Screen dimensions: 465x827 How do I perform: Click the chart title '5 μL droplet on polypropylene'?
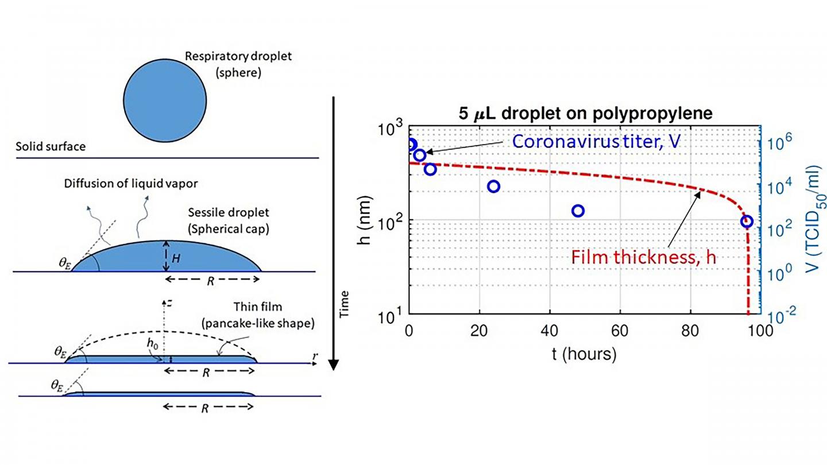pos(584,114)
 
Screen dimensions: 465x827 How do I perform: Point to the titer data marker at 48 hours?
pos(578,211)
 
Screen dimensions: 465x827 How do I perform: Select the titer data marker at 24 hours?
pos(493,186)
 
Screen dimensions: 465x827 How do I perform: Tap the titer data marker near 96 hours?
pos(747,221)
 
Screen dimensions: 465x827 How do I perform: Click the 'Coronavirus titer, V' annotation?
pos(596,141)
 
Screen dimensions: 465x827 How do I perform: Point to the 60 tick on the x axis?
pos(620,331)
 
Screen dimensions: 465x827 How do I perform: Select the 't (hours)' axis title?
pos(584,354)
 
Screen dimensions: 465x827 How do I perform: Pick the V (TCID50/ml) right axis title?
pos(809,221)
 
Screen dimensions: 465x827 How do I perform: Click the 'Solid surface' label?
pos(51,147)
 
